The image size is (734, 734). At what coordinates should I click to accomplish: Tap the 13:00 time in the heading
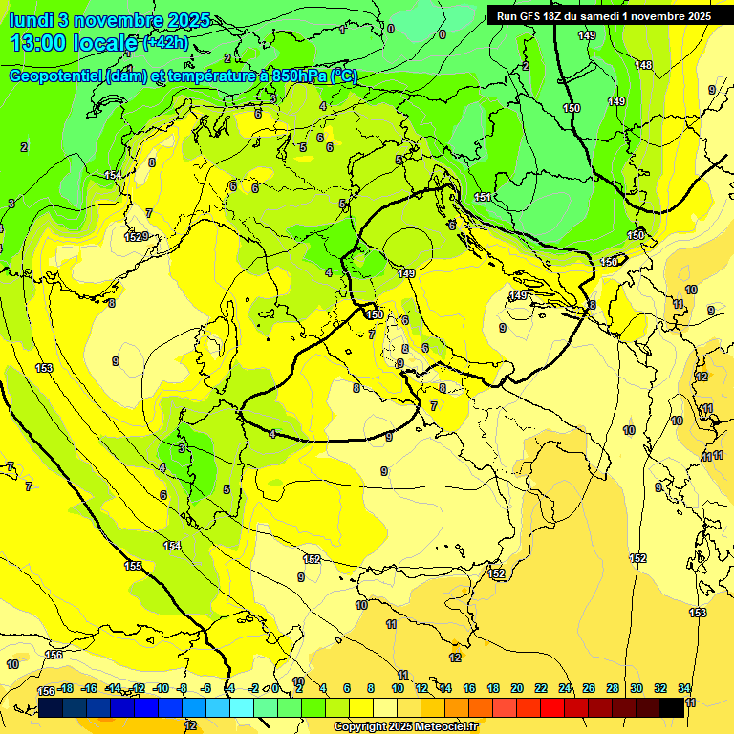pos(39,43)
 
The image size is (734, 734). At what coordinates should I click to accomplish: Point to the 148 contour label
pos(644,65)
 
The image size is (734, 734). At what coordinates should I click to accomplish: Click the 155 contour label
pos(133,566)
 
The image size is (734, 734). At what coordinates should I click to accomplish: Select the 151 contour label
pos(483,197)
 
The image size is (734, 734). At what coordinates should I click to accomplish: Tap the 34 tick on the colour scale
pos(684,688)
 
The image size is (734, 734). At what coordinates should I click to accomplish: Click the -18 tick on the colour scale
pos(65,688)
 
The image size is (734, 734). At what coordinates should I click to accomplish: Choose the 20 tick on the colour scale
pos(517,688)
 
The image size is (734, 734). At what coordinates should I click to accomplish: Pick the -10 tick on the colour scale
pos(161,688)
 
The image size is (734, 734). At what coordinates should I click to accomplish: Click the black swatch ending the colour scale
pos(672,707)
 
